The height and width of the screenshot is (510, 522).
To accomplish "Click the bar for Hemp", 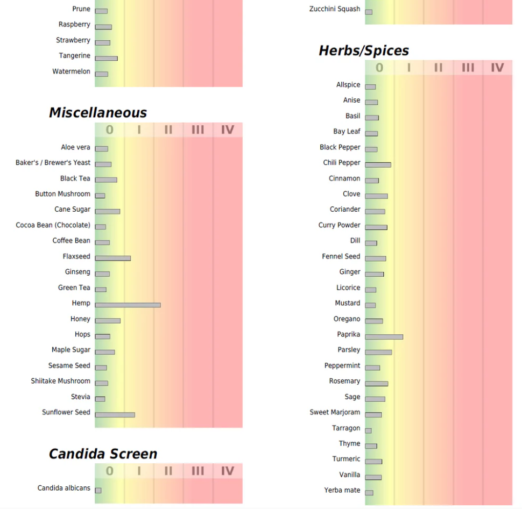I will (128, 305).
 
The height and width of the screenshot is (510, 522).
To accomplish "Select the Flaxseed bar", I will (112, 258).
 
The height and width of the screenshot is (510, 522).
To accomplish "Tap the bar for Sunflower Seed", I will (115, 414).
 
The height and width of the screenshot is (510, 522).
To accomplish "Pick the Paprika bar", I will (384, 336).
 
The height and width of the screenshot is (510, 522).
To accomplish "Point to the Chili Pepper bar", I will (378, 164).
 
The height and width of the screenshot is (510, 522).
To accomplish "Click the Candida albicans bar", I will (98, 490).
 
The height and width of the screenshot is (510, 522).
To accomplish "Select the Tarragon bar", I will (368, 430).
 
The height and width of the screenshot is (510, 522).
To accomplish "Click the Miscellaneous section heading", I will (98, 112).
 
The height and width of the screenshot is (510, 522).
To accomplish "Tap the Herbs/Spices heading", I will (364, 51).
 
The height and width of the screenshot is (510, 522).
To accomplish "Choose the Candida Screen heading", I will (103, 454).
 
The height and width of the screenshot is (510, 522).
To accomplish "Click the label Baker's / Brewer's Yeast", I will (53, 162).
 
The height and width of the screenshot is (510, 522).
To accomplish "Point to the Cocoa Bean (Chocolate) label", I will (53, 225).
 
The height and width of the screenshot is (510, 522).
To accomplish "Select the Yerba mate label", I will (342, 490).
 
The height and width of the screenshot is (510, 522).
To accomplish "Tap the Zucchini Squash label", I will (335, 9).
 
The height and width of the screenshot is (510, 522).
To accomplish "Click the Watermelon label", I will (71, 71).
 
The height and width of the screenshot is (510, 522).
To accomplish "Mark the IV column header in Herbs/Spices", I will (497, 67).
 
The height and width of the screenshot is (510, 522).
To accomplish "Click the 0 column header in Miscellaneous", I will (110, 130).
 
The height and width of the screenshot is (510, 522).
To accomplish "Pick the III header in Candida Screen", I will (198, 471).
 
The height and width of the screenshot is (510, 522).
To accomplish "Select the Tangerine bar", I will (106, 58).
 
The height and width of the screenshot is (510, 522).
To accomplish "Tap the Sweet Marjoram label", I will (335, 412).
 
